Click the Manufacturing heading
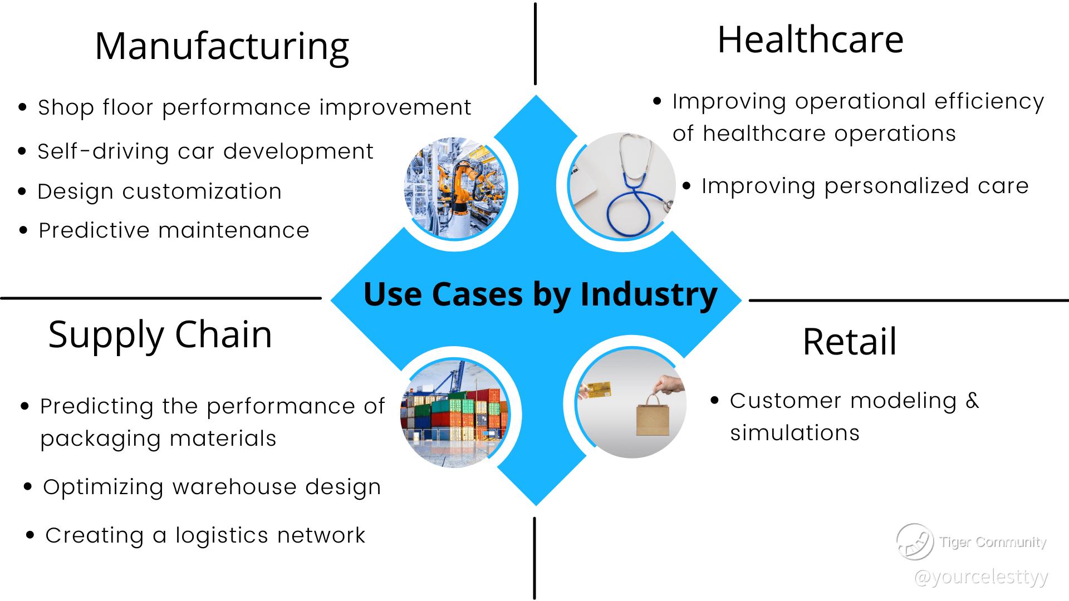[222, 47]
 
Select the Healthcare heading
[810, 40]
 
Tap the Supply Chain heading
[160, 336]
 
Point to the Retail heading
[850, 341]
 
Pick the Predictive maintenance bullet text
[174, 230]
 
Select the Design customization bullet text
[160, 191]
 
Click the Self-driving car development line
[205, 151]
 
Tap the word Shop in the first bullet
[66, 107]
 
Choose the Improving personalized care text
[865, 186]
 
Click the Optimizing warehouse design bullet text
[212, 487]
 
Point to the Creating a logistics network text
[205, 535]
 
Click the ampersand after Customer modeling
[972, 400]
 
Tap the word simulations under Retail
[795, 433]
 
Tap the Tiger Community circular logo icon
[915, 541]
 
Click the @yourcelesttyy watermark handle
[981, 577]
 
